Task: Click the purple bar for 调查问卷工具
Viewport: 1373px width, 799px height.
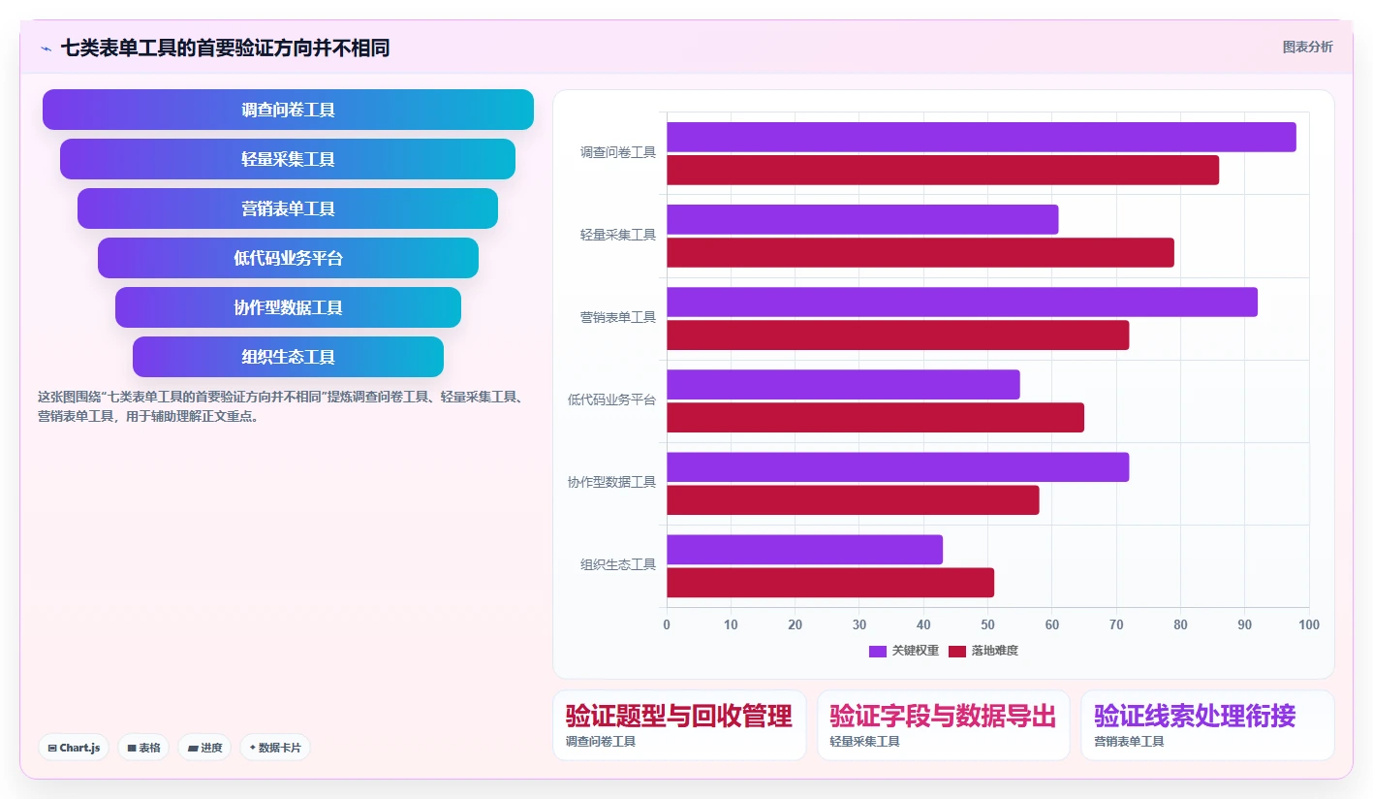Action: pyautogui.click(x=982, y=137)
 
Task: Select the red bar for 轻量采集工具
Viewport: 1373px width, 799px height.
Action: pyautogui.click(x=921, y=253)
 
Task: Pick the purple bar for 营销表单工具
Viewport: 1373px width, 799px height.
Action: pyautogui.click(x=962, y=302)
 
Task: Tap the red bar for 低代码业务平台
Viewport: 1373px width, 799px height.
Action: pyautogui.click(x=875, y=418)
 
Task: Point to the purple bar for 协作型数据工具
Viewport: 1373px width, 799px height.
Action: pyautogui.click(x=898, y=466)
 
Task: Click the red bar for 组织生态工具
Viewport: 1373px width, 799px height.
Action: pyautogui.click(x=830, y=583)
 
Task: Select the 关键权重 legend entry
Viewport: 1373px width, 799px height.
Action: pyautogui.click(x=904, y=651)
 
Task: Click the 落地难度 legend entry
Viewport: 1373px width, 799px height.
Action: pyautogui.click(x=983, y=651)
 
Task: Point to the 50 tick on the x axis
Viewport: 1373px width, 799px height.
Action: pyautogui.click(x=987, y=624)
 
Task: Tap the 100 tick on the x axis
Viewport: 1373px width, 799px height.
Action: pyautogui.click(x=1309, y=624)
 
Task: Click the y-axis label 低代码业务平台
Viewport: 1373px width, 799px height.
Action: pyautogui.click(x=611, y=399)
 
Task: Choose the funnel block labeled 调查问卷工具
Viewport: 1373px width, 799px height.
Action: pyautogui.click(x=288, y=110)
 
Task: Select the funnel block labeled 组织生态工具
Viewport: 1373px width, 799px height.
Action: pyautogui.click(x=288, y=357)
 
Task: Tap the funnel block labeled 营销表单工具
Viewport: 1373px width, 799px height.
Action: pyautogui.click(x=288, y=208)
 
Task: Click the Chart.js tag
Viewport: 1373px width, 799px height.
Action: pyautogui.click(x=74, y=748)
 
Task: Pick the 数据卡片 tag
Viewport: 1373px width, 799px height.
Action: pyautogui.click(x=274, y=748)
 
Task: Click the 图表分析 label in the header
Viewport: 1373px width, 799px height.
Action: pyautogui.click(x=1307, y=48)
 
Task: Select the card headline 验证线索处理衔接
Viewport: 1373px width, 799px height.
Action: pyautogui.click(x=1195, y=716)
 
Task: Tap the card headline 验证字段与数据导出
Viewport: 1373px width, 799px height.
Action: pyautogui.click(x=943, y=716)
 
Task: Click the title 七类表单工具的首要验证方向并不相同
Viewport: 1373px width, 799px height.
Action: pyautogui.click(x=225, y=48)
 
